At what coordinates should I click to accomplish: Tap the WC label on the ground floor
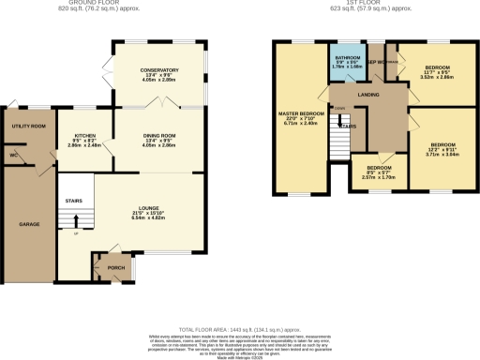pos(14,155)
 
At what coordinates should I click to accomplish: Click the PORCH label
pos(117,266)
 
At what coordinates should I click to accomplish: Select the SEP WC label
pos(375,63)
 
